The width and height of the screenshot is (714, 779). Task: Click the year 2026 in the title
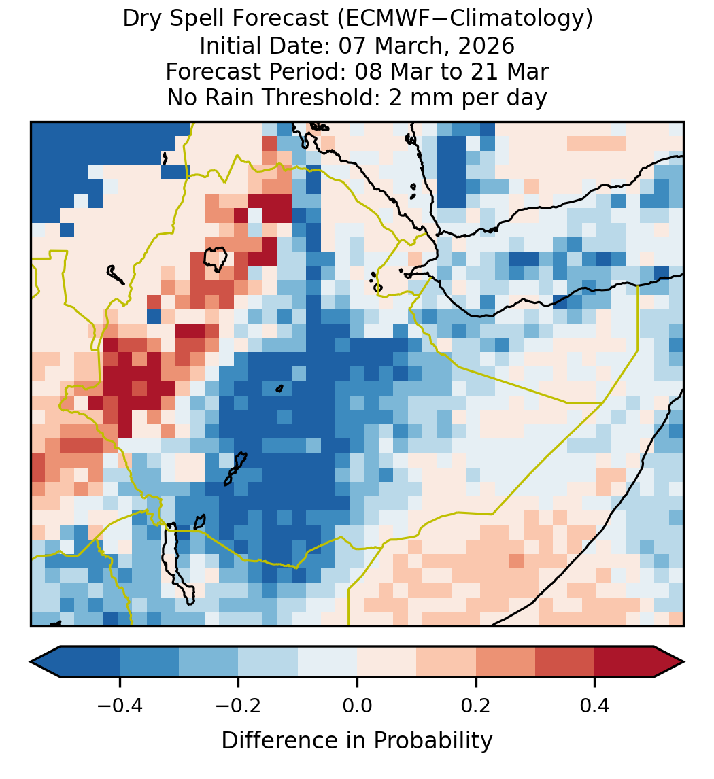486,46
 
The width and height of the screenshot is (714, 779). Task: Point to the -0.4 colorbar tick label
119,706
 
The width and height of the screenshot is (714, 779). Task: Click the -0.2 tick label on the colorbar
238,706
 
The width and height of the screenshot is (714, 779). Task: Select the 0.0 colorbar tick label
357,706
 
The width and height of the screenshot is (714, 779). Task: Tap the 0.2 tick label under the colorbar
476,706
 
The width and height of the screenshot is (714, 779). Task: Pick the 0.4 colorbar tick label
595,706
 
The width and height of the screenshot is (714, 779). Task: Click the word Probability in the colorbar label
433,741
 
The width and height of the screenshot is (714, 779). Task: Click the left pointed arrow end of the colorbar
45,662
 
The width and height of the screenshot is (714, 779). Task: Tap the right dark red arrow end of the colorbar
669,662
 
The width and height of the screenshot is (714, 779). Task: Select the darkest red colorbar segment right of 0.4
624,662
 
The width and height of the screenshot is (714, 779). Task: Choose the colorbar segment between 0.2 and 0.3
505,662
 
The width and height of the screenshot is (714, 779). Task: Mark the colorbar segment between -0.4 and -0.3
149,662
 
